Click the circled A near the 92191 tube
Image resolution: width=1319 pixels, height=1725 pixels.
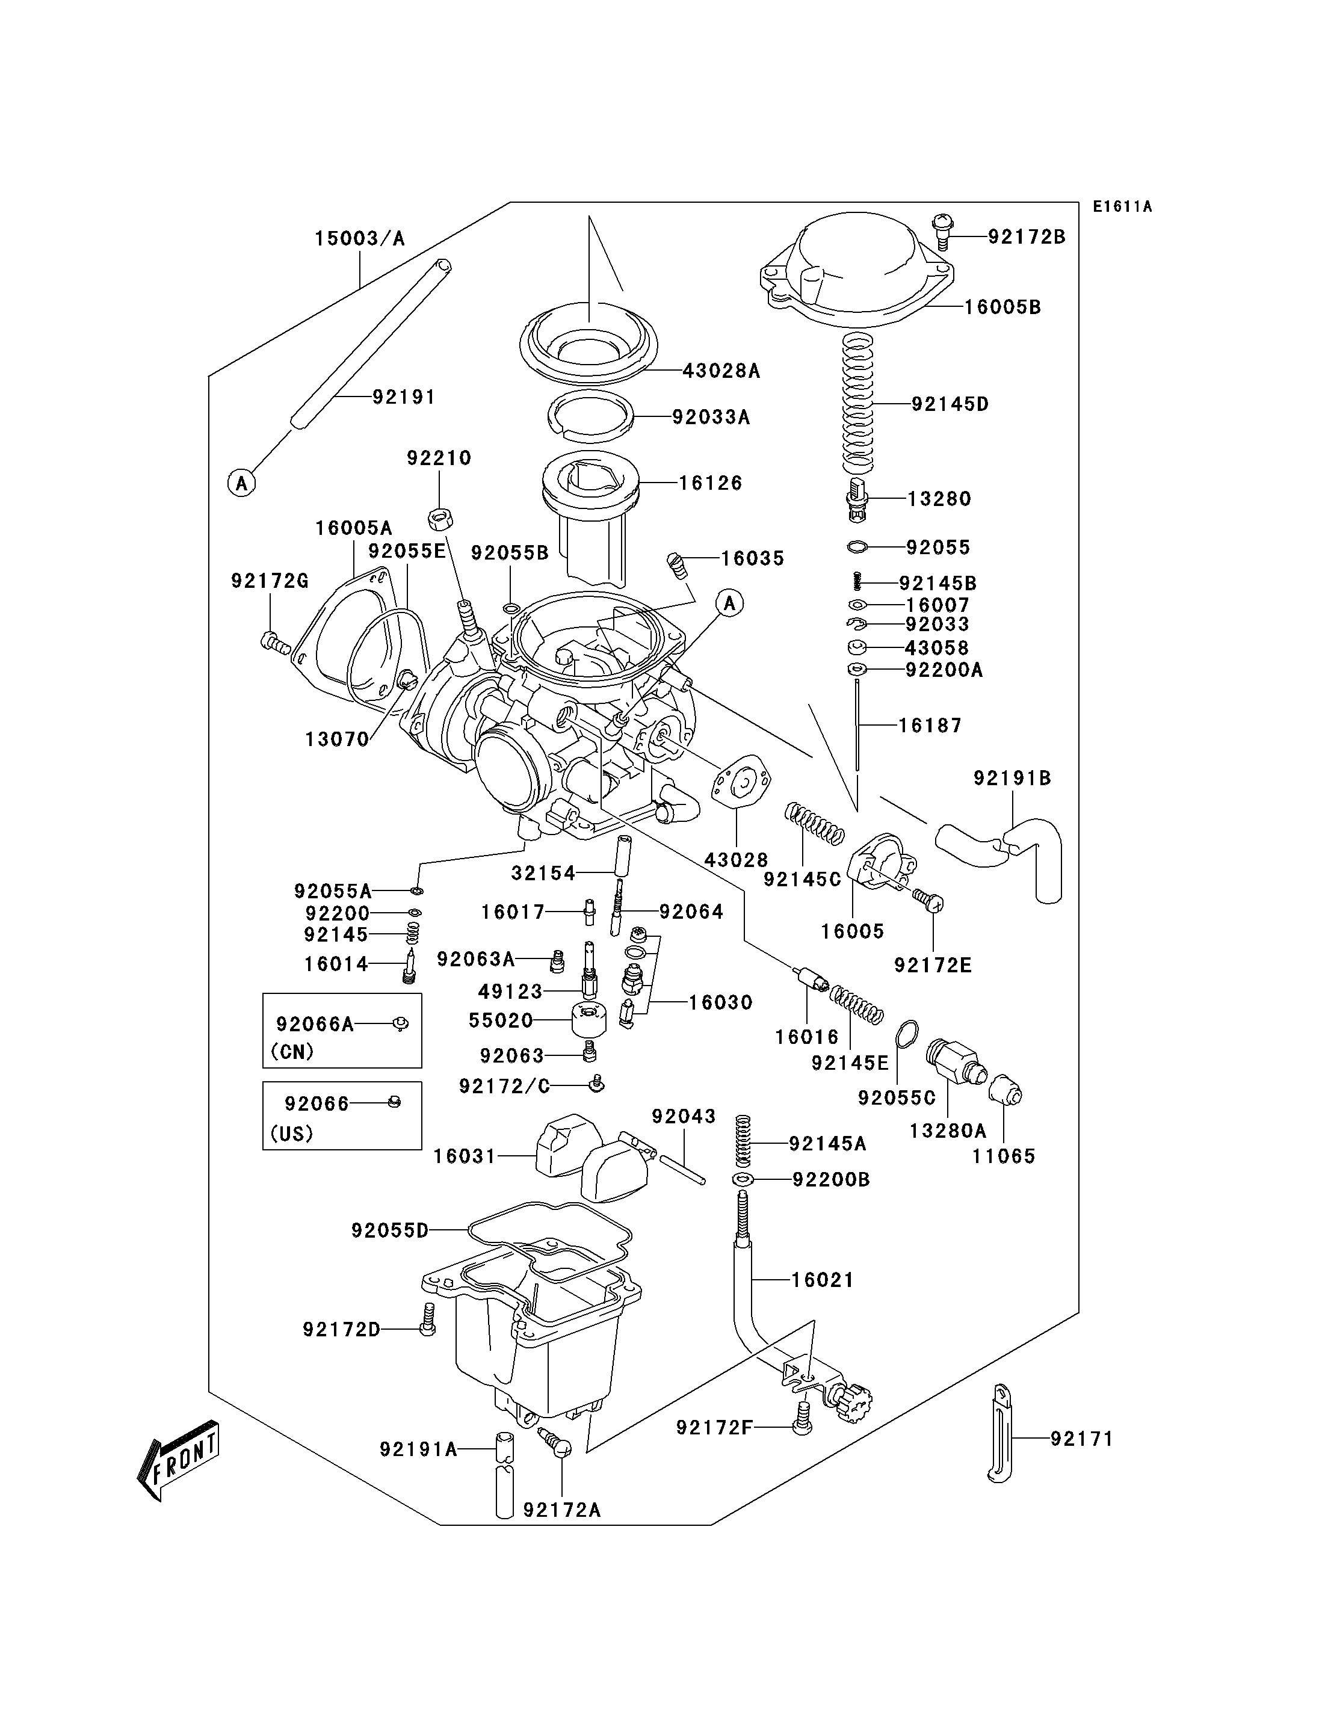(242, 483)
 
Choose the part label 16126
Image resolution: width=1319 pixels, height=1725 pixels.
(710, 483)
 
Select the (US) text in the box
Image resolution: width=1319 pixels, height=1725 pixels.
(291, 1134)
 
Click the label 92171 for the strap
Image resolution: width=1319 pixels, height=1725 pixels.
(1081, 1439)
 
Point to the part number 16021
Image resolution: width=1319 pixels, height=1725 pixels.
(822, 1280)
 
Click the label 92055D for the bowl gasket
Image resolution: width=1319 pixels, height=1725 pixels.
(389, 1230)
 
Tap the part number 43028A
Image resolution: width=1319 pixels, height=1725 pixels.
(721, 371)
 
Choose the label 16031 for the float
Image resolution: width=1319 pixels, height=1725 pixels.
(465, 1156)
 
